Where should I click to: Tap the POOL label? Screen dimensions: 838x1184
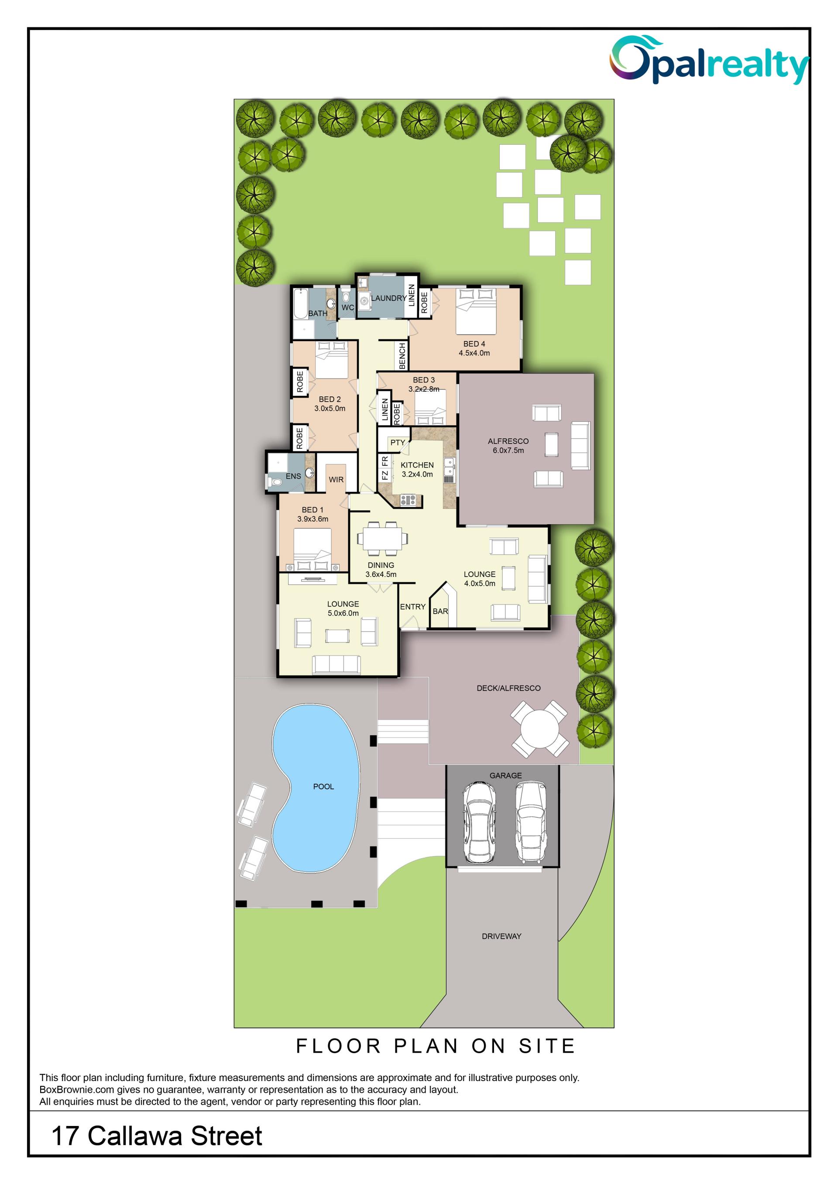(323, 786)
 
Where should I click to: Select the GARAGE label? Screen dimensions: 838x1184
(506, 775)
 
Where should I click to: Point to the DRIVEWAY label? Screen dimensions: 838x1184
(501, 936)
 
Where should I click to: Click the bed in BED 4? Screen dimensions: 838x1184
(476, 311)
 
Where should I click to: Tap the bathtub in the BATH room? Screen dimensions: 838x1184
(300, 305)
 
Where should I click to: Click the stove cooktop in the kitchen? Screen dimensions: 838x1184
(408, 499)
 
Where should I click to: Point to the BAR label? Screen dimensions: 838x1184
(440, 611)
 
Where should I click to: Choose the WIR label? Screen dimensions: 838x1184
(336, 480)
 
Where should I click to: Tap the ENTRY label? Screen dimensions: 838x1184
(413, 607)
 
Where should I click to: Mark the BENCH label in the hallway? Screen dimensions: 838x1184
(402, 356)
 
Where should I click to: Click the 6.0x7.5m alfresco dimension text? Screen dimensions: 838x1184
(508, 450)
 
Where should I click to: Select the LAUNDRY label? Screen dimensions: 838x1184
(388, 298)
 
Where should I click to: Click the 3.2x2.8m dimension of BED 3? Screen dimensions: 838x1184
(424, 389)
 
